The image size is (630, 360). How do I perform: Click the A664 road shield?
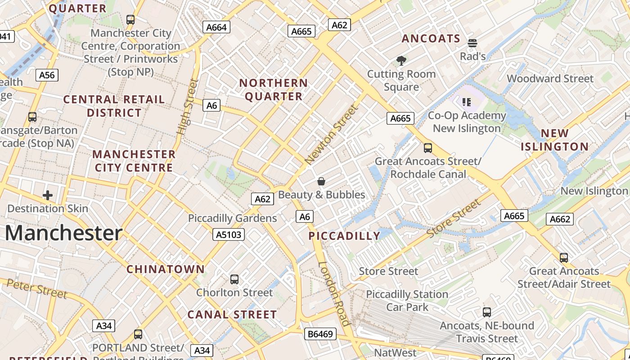216,27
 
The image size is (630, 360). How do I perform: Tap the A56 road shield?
47,75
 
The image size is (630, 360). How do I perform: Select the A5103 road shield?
229,234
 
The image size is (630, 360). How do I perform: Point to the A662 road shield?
560,219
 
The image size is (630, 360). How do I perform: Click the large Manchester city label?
63,233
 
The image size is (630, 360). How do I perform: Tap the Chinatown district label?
166,269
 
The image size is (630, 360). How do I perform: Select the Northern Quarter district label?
274,90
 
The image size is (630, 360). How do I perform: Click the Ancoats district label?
431,39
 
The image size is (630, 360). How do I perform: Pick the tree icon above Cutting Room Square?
401,61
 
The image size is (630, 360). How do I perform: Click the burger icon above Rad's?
472,43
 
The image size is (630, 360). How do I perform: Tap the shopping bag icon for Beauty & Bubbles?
321,182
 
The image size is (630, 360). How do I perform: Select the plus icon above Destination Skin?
48,195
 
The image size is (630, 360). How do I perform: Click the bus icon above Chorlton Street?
234,279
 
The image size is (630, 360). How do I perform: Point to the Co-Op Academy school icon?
467,102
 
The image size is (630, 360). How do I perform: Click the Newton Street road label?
332,134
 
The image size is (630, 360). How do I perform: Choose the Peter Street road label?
37,288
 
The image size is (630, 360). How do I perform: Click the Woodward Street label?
550,79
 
